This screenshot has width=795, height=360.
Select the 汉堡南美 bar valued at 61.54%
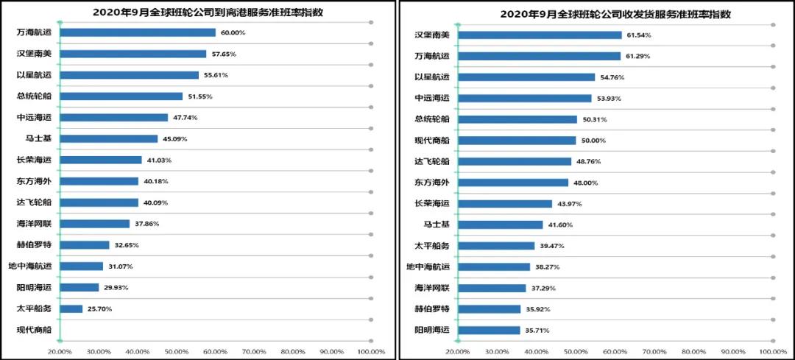point(540,35)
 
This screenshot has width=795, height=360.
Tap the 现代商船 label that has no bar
point(34,330)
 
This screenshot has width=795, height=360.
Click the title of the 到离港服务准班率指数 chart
point(199,13)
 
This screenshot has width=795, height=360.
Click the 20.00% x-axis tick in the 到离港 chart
point(60,352)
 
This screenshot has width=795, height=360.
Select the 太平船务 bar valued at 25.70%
point(71,308)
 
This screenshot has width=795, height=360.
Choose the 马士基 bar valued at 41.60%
point(500,225)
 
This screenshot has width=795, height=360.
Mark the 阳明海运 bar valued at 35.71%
point(489,330)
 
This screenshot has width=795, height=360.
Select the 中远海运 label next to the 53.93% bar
point(432,98)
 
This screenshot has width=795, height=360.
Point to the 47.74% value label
point(185,117)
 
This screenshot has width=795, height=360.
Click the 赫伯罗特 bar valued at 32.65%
point(84,244)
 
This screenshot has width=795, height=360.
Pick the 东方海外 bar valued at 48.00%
point(512,183)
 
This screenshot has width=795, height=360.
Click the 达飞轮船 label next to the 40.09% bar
point(34,202)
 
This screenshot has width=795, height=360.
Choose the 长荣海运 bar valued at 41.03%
point(100,160)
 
